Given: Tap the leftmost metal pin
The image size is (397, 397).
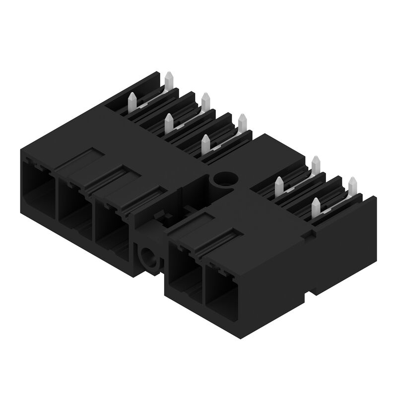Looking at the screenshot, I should pos(132,101).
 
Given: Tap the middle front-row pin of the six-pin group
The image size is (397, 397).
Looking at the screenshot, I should pos(169,122).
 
